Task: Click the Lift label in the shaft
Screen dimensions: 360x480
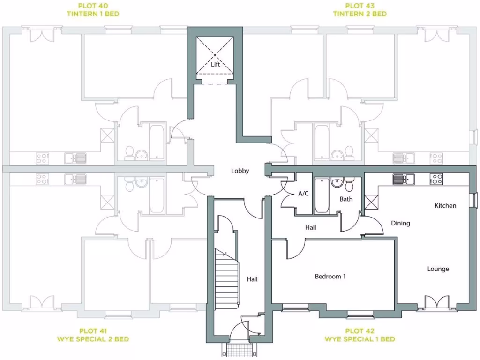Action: [x=215, y=65]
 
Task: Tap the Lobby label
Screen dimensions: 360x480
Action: [x=240, y=171]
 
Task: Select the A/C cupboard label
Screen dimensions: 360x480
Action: [x=303, y=194]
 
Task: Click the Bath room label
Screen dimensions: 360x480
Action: [x=346, y=199]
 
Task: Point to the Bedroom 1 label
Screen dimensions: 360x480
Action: [x=330, y=277]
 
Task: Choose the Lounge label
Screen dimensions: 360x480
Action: [x=438, y=269]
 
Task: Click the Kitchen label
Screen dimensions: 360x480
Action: [x=445, y=206]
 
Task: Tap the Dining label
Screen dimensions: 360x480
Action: [x=400, y=224]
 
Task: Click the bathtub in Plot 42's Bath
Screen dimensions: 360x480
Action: [x=322, y=195]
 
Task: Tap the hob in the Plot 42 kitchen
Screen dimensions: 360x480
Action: [x=437, y=179]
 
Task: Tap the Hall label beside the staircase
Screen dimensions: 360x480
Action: [x=252, y=279]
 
